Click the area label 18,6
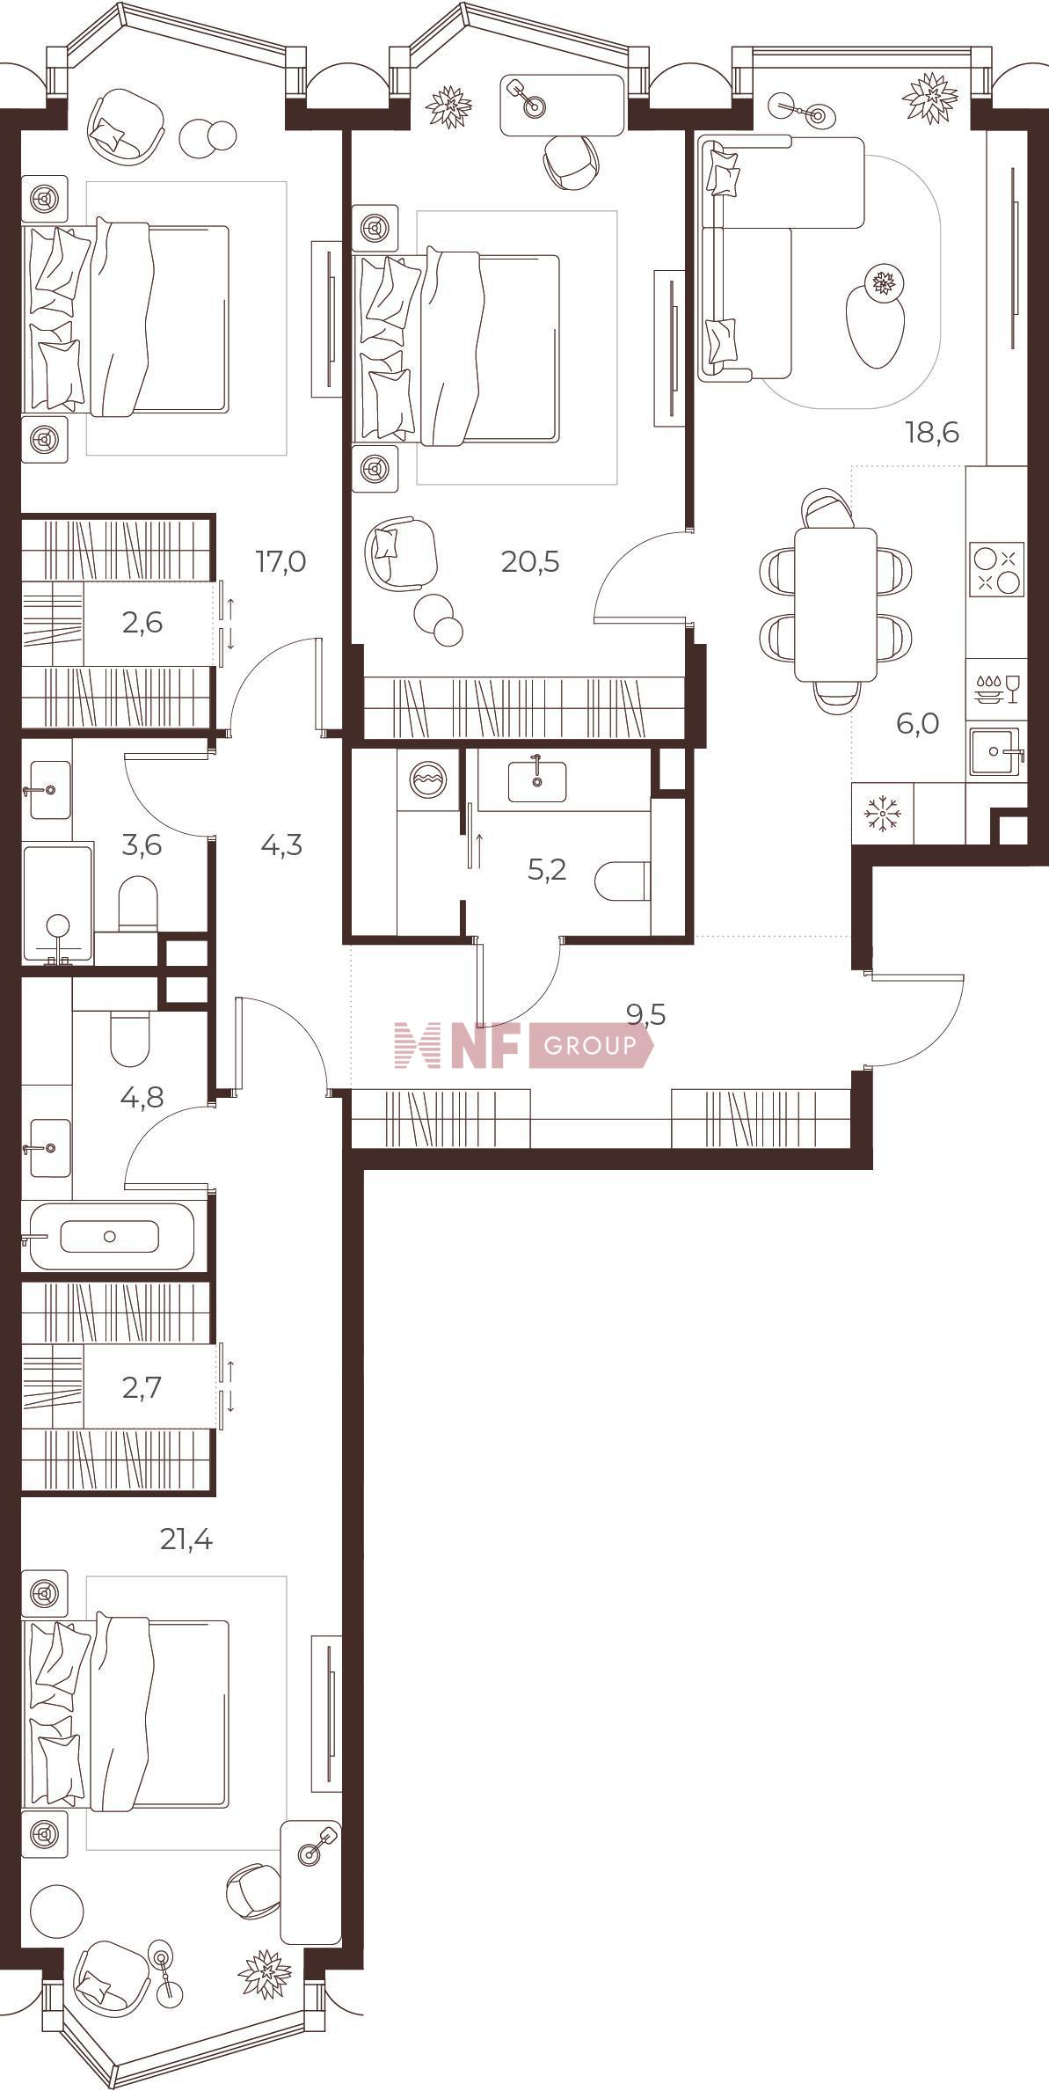tap(931, 433)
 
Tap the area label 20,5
tap(530, 561)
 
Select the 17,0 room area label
tap(280, 561)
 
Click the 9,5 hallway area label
tap(646, 1015)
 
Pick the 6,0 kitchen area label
tap(918, 724)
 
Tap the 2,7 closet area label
tap(142, 1388)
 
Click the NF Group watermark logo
tap(524, 1045)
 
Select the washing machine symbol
tap(428, 779)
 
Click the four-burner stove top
tap(997, 569)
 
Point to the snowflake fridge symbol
tap(882, 815)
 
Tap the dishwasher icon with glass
tap(996, 689)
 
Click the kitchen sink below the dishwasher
tap(994, 751)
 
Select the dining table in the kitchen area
tap(835, 604)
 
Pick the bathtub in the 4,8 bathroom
tap(111, 1236)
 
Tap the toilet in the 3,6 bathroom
tap(137, 903)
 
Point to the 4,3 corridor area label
tap(281, 845)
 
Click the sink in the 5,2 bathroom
tap(536, 781)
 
